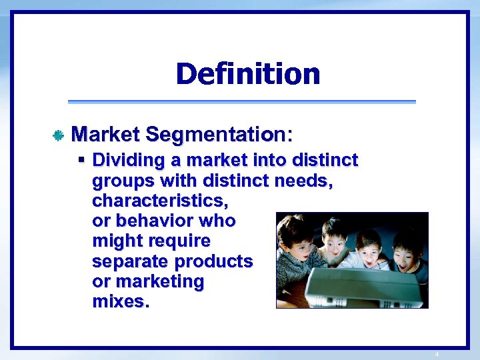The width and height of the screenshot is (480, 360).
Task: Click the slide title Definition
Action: click(x=248, y=74)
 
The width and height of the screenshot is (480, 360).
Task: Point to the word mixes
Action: click(x=121, y=301)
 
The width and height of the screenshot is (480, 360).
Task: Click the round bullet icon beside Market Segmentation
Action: click(x=58, y=136)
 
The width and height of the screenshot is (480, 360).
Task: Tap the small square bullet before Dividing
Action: click(x=81, y=161)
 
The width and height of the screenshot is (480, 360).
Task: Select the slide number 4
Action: click(x=437, y=354)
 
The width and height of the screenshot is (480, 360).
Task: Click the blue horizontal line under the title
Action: click(x=241, y=102)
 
